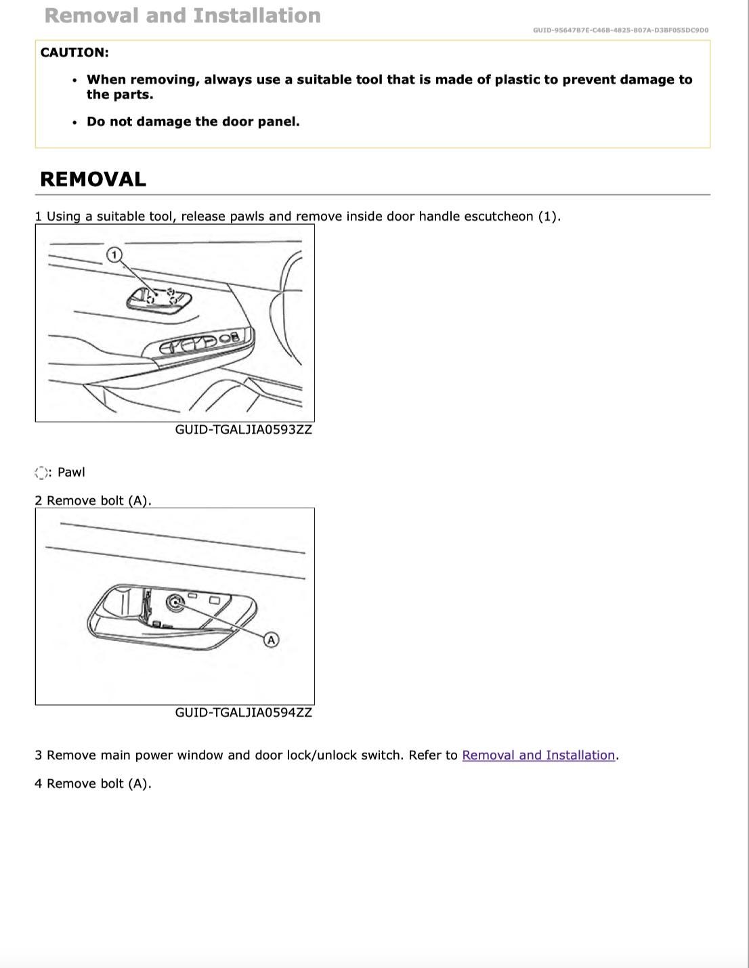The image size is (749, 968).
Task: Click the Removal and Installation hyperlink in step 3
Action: click(x=538, y=755)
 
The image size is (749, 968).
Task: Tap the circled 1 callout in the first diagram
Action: click(x=114, y=255)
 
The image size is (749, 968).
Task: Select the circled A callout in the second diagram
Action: click(x=271, y=640)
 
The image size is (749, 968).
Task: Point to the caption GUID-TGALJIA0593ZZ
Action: click(x=243, y=430)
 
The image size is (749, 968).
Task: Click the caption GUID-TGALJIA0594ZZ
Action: click(x=243, y=713)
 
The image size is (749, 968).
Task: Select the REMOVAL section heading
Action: click(x=93, y=179)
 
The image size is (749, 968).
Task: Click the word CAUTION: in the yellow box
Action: click(x=74, y=53)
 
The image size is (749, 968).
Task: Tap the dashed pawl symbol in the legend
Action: click(x=42, y=472)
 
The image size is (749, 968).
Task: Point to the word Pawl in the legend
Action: click(x=71, y=472)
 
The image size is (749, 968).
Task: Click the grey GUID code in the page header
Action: click(x=620, y=30)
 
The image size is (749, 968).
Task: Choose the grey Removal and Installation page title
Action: click(x=183, y=16)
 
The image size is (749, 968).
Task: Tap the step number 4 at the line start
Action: click(x=39, y=784)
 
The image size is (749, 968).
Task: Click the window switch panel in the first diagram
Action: click(x=200, y=344)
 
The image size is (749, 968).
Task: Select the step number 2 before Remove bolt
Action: click(x=39, y=501)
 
